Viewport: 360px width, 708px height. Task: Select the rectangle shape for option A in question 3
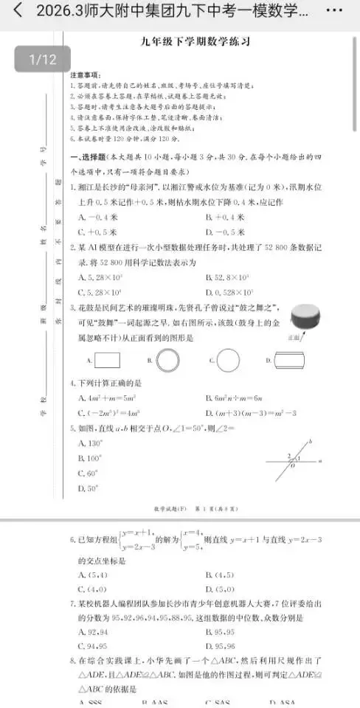point(108,360)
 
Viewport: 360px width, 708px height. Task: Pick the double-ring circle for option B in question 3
point(168,360)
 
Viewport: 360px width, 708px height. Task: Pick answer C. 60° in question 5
point(88,473)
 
